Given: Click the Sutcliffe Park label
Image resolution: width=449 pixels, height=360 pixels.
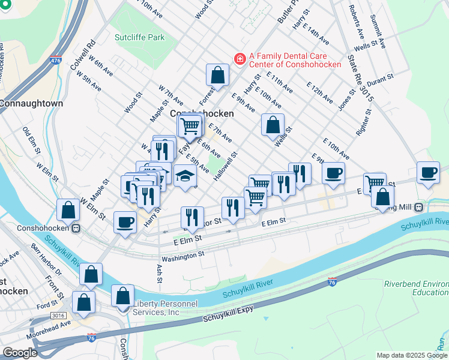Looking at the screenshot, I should (139, 37).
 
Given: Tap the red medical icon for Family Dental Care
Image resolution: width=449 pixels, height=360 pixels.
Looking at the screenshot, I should (240, 59).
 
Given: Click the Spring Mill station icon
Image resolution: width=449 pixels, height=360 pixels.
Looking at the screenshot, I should (418, 208).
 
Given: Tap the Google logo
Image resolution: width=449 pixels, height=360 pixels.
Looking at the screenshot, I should (20, 353).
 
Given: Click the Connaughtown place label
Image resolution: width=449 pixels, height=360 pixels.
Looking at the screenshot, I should (32, 103).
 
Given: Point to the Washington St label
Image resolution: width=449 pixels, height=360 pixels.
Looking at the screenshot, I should (184, 256).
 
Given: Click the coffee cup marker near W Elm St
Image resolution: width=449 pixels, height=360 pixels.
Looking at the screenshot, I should (125, 222).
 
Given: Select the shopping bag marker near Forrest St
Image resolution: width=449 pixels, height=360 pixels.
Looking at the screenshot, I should (218, 76).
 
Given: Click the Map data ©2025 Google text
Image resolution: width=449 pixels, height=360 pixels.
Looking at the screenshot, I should (411, 355).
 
